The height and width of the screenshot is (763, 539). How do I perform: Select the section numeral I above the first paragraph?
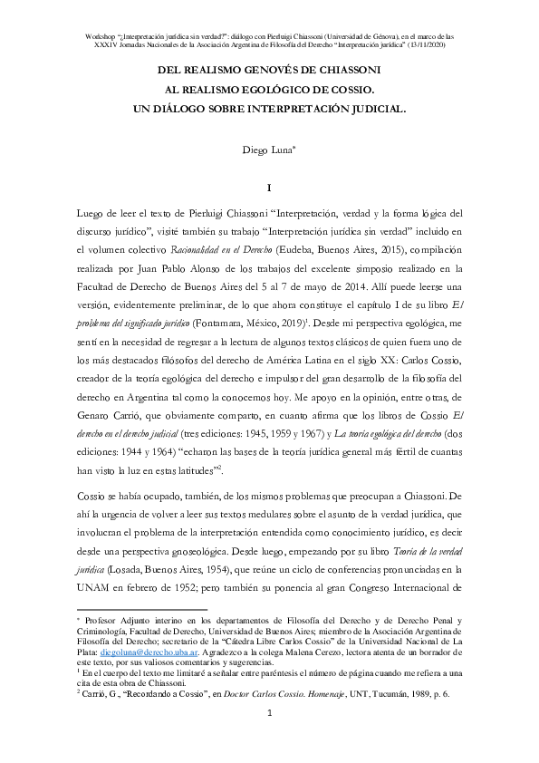(270, 188)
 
